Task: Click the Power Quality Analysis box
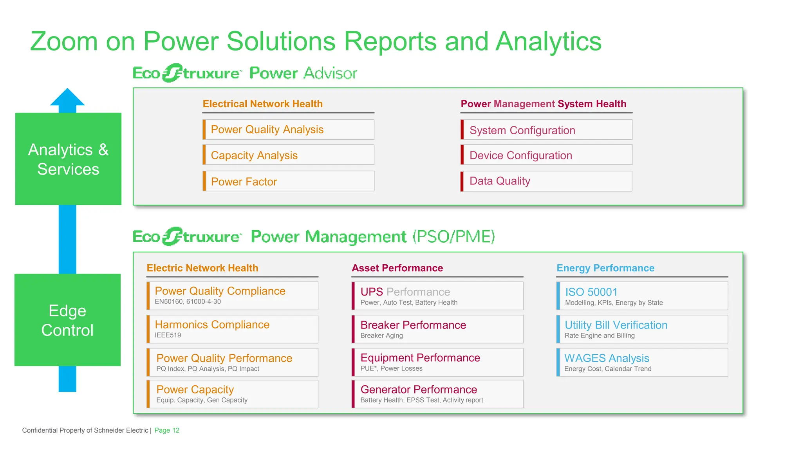point(288,130)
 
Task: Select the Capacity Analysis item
point(288,155)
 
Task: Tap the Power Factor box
point(288,181)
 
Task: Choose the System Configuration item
point(546,130)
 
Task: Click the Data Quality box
point(546,181)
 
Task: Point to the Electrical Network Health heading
point(262,104)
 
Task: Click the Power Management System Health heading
point(543,104)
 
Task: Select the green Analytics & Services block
point(68,159)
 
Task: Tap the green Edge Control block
point(67,320)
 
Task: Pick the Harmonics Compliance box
point(233,329)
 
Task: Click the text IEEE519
point(168,335)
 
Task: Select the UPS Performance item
point(437,296)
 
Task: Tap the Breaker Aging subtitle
point(381,336)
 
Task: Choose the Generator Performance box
point(437,394)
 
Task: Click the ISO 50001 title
point(591,292)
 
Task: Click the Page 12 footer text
point(167,430)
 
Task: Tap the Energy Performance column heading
point(605,268)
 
